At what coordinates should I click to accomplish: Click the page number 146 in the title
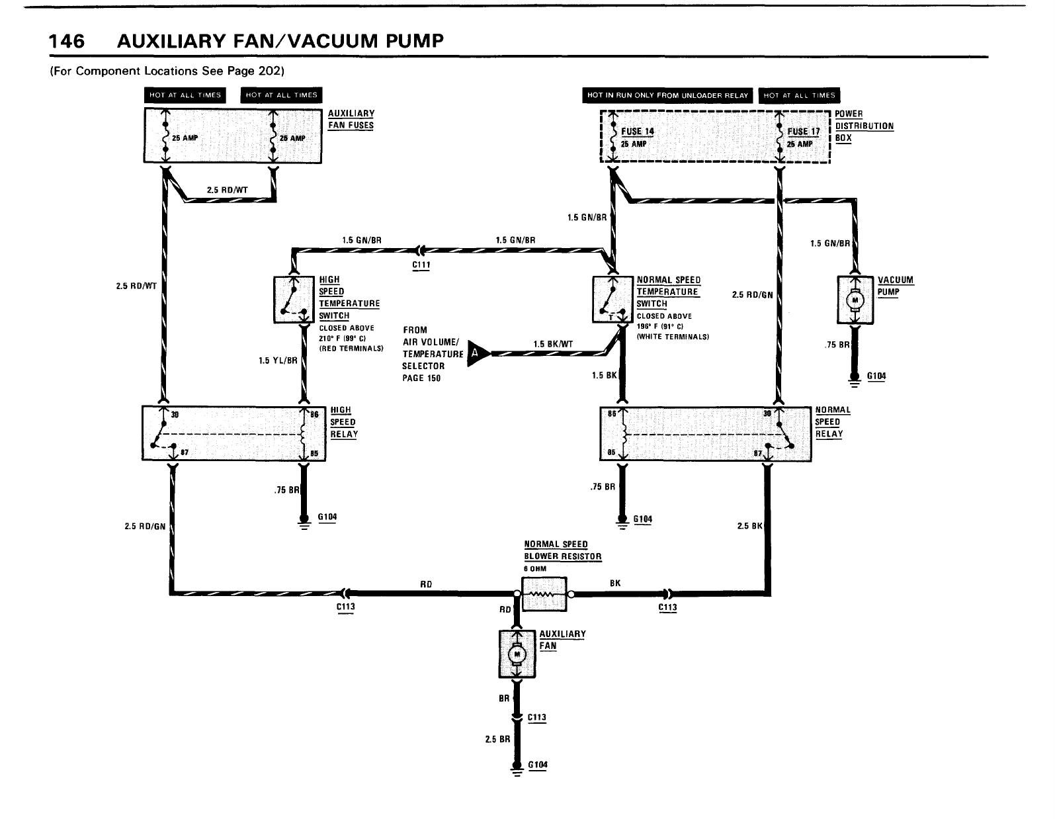tap(67, 41)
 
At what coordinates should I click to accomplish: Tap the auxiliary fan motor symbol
tap(516, 654)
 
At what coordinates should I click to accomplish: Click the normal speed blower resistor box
tap(544, 594)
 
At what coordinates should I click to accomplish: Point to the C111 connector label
tap(421, 265)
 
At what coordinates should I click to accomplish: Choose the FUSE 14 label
tap(637, 131)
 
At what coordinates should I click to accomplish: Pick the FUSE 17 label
tap(803, 131)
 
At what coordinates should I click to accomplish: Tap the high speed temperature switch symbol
tap(293, 300)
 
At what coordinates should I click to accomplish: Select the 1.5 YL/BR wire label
tap(278, 361)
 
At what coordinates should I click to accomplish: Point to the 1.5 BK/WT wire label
tap(553, 343)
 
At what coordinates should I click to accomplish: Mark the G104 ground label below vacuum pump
tap(876, 376)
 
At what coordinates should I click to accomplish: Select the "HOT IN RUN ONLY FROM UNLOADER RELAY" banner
tap(667, 95)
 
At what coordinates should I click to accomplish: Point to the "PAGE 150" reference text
tap(421, 378)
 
